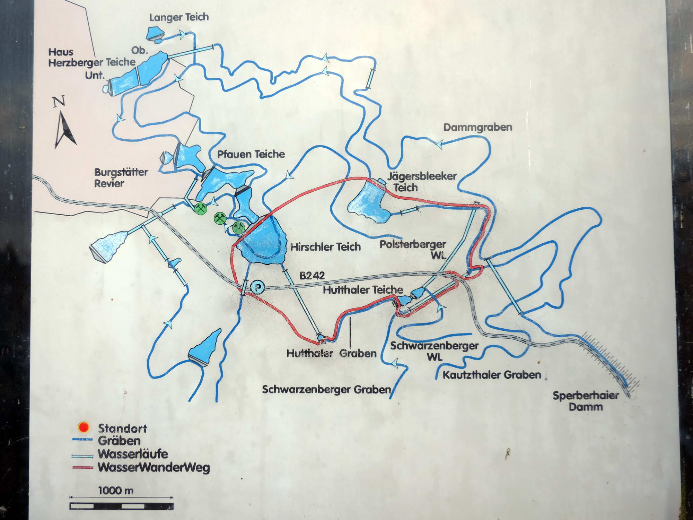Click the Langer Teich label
pyautogui.click(x=179, y=17)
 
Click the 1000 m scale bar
pyautogui.click(x=121, y=506)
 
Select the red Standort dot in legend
pyautogui.click(x=84, y=427)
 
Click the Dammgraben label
pyautogui.click(x=478, y=127)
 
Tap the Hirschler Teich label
pyautogui.click(x=325, y=247)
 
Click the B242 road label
pyautogui.click(x=312, y=276)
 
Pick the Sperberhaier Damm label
pyautogui.click(x=586, y=401)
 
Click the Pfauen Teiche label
pyautogui.click(x=251, y=154)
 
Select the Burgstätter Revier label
pyautogui.click(x=121, y=177)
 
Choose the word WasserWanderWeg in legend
pyautogui.click(x=154, y=467)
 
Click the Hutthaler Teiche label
pyautogui.click(x=363, y=289)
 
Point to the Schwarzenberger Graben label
pyautogui.click(x=326, y=389)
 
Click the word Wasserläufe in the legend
pyautogui.click(x=133, y=454)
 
